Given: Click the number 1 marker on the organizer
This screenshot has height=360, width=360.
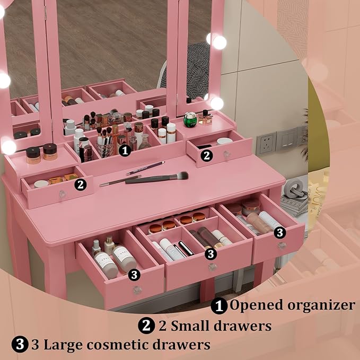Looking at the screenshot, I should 125,150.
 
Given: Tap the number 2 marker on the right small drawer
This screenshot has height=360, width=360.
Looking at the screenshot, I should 207,155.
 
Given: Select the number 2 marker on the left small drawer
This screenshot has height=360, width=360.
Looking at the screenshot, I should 81,184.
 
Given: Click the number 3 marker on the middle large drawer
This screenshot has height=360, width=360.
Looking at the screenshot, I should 211,253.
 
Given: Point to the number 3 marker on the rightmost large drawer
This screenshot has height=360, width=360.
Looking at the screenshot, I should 280,232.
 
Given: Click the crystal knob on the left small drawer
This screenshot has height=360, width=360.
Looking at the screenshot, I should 62,194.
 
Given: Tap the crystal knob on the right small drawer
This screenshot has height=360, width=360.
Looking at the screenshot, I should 227,154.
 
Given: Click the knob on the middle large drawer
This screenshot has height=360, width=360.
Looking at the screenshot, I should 213,267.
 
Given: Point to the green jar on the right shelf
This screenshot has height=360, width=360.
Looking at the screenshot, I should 190,120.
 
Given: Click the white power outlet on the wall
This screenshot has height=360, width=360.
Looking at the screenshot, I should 266,143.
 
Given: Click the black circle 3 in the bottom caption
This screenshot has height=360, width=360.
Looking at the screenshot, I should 20,345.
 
